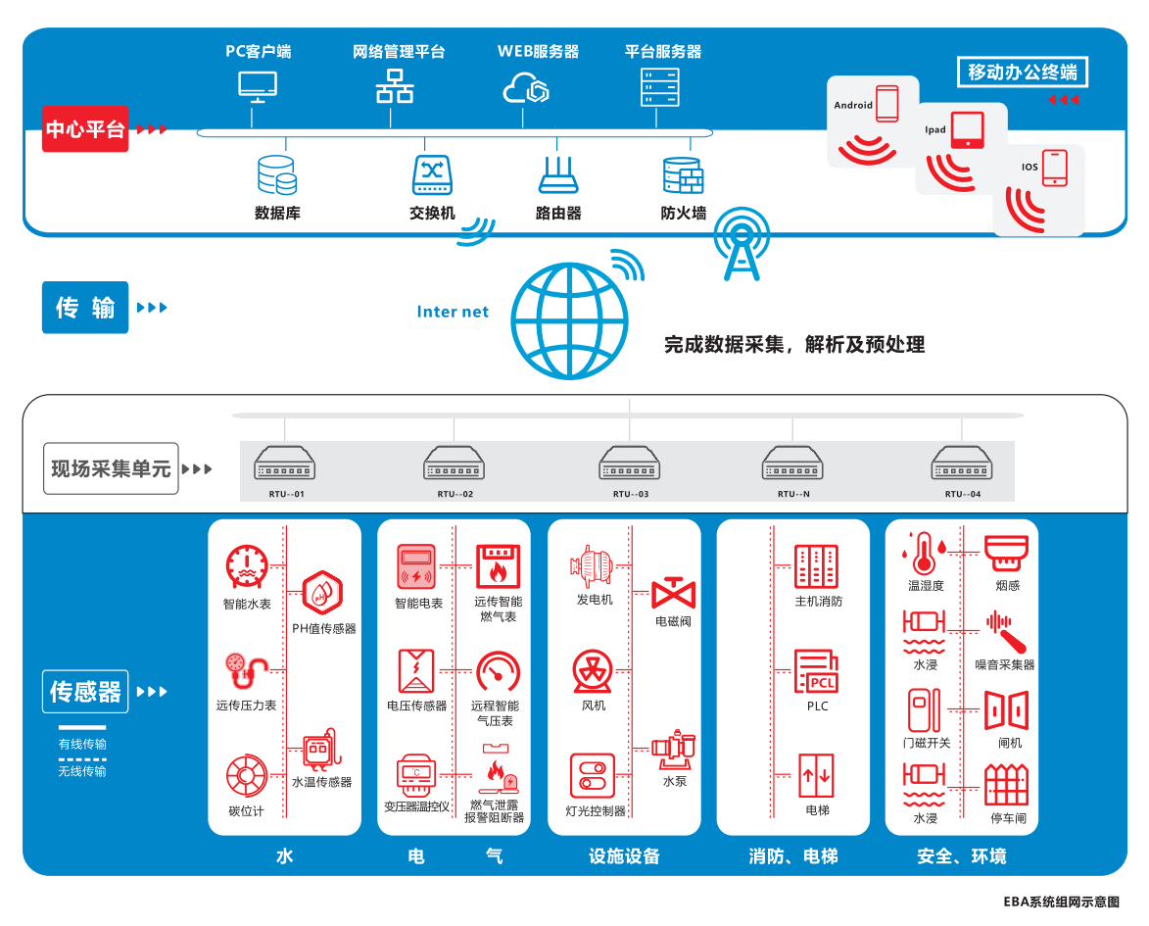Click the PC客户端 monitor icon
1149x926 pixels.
click(x=258, y=86)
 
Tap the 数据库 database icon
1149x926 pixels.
click(x=276, y=175)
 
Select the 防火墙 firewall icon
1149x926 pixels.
click(x=683, y=175)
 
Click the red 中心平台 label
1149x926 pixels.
click(x=85, y=129)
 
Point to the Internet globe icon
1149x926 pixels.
click(x=569, y=320)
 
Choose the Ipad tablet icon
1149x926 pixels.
click(x=968, y=129)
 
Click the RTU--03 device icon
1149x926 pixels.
click(x=630, y=463)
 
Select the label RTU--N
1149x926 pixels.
click(x=793, y=494)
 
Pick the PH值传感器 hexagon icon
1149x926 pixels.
click(x=322, y=591)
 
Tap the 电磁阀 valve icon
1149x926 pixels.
click(x=673, y=592)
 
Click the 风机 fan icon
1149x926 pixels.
click(x=593, y=671)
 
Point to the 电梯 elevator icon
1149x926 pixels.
click(x=817, y=776)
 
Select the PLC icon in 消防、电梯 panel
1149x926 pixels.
click(x=817, y=671)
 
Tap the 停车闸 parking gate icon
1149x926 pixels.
click(x=1006, y=784)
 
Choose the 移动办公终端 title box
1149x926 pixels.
click(x=1022, y=72)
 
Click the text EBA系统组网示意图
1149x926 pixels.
click(x=1060, y=902)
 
